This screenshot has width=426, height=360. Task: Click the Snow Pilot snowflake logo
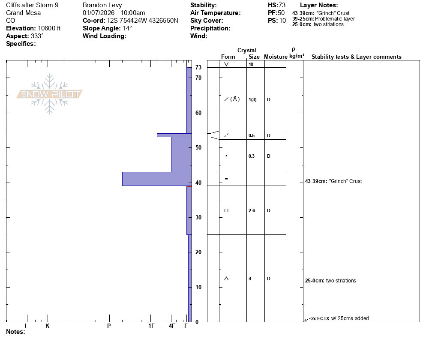pos(49,94)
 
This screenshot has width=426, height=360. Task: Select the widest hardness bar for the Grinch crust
pos(157,179)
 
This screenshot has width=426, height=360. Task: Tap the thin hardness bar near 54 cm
pos(174,135)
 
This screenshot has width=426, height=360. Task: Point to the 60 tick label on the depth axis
pos(198,113)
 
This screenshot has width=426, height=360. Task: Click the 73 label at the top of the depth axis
pos(198,67)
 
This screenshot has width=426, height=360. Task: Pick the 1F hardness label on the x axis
pos(151,326)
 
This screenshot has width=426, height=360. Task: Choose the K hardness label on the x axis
pos(48,326)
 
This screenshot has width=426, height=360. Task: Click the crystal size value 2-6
pos(252,210)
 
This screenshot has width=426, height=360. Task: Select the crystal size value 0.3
pos(252,156)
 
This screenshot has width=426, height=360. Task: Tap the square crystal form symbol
pos(226,210)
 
